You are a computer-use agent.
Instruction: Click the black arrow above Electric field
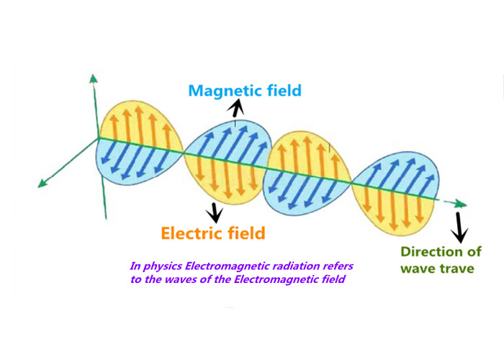coord(215,212)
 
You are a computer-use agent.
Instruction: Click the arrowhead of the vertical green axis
coord(94,78)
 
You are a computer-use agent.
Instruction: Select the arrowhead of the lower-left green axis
coord(42,184)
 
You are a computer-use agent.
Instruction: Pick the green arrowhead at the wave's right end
coord(462,204)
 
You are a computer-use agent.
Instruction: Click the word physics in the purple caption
coord(163,266)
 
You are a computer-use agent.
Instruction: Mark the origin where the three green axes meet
coord(99,138)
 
